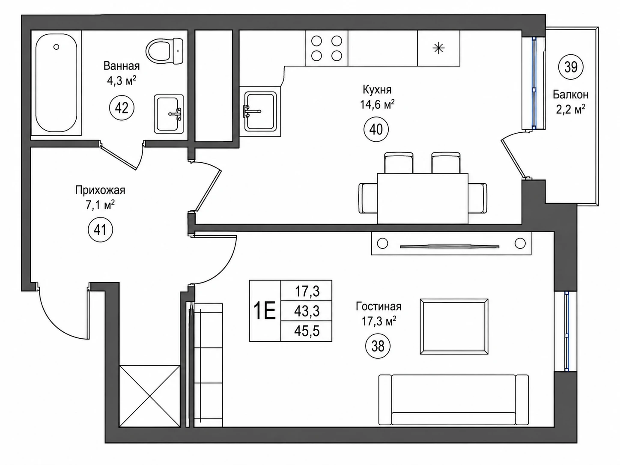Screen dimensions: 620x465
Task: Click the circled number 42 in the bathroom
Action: pyautogui.click(x=122, y=108)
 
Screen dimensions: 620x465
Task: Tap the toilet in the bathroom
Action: pyautogui.click(x=164, y=51)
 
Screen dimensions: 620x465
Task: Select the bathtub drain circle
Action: pyautogui.click(x=56, y=47)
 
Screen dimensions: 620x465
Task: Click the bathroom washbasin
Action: pyautogui.click(x=169, y=114)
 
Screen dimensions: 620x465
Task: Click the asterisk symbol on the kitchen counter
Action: pyautogui.click(x=438, y=48)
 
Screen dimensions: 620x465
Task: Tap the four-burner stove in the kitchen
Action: pyautogui.click(x=327, y=48)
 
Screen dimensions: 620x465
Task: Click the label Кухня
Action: pyautogui.click(x=377, y=90)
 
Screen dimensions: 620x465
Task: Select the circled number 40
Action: pyautogui.click(x=376, y=130)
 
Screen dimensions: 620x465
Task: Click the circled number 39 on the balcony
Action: pyautogui.click(x=571, y=67)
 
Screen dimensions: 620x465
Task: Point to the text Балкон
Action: pyautogui.click(x=571, y=95)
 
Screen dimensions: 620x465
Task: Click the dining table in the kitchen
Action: pyautogui.click(x=423, y=199)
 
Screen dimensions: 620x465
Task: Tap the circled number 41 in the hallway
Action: pyautogui.click(x=100, y=230)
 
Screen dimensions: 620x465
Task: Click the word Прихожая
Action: pyautogui.click(x=100, y=190)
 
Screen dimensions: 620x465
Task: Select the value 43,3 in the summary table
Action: pyautogui.click(x=307, y=311)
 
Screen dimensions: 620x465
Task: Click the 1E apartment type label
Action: pyautogui.click(x=265, y=310)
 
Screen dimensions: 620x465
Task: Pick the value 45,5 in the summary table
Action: pyautogui.click(x=307, y=331)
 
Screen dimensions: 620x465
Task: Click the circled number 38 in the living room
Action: pyautogui.click(x=378, y=346)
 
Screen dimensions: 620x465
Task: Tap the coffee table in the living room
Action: pyautogui.click(x=454, y=326)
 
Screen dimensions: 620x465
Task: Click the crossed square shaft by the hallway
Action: pyautogui.click(x=150, y=396)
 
